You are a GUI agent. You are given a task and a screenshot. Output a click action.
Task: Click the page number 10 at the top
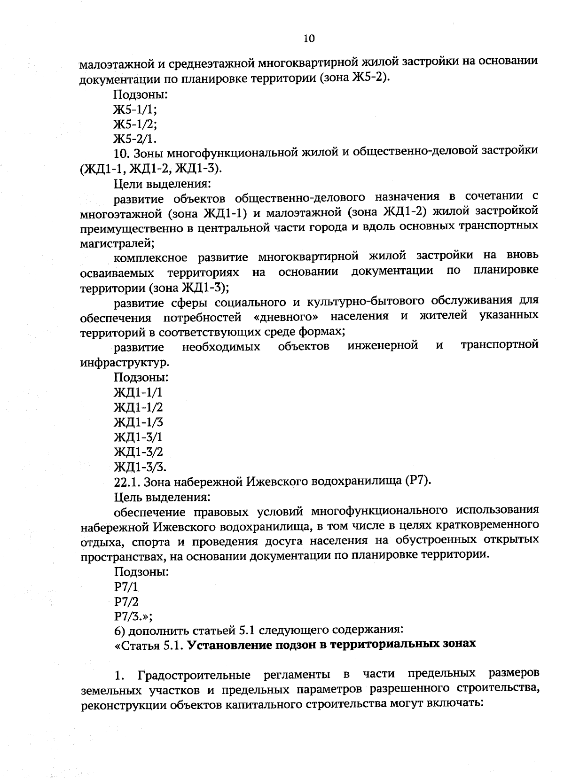[x=309, y=39]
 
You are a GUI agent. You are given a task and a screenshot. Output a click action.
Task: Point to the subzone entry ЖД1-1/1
[x=139, y=392]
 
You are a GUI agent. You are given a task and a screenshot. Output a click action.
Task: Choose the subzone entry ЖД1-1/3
[x=139, y=422]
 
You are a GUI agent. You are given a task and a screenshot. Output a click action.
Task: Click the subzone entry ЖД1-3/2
[x=139, y=452]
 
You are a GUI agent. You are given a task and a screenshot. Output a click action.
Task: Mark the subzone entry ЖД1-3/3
[x=140, y=467]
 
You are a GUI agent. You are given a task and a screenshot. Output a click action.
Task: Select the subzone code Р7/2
[x=126, y=601]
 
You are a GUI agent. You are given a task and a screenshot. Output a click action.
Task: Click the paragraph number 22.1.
[x=127, y=482]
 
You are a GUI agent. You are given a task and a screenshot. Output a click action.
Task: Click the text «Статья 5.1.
[x=149, y=644]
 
